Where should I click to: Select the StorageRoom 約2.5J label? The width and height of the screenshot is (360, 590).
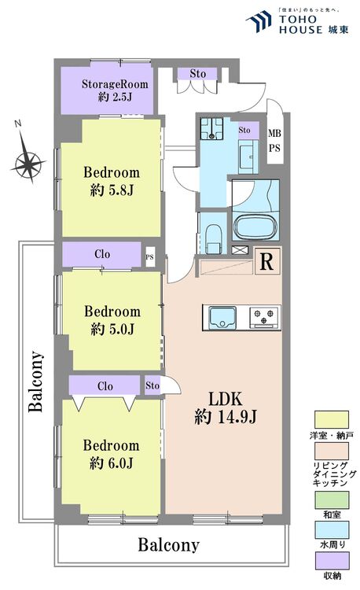111,90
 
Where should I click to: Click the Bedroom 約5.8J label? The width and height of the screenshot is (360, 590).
112,180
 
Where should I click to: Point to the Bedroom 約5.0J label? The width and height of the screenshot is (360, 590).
112,319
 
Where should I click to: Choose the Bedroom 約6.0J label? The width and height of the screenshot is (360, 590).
112,453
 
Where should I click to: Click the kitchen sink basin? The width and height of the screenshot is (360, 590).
221,317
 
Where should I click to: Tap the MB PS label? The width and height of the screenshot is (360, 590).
274,140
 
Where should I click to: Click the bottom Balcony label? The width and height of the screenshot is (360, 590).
168,544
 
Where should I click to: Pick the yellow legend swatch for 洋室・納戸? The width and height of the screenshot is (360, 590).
329,417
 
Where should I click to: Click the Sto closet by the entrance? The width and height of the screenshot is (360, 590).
197,74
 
